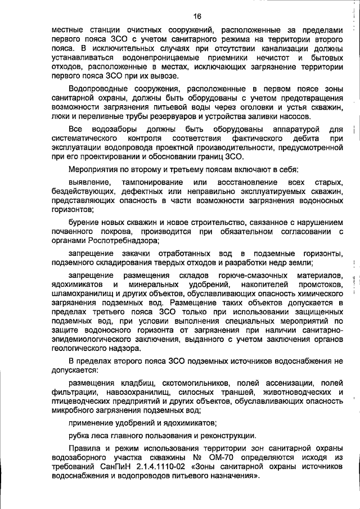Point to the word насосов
click(294, 116)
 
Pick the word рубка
click(80, 435)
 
